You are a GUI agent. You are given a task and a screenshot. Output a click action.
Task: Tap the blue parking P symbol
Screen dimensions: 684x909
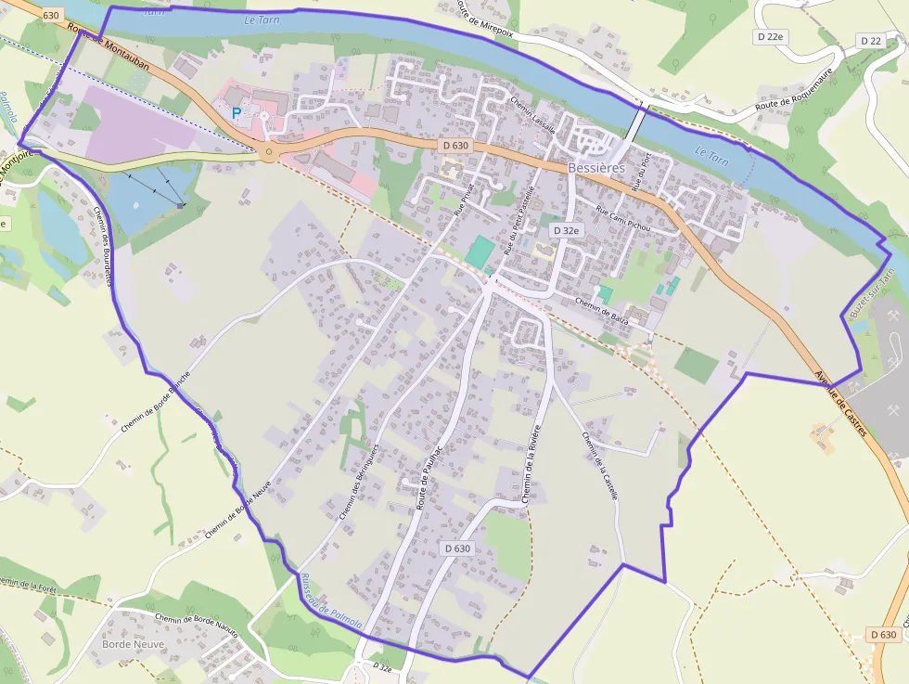(x=237, y=112)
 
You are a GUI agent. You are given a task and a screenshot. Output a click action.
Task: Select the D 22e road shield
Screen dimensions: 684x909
(x=768, y=36)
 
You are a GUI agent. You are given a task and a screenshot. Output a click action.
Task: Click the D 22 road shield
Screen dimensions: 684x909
(x=870, y=41)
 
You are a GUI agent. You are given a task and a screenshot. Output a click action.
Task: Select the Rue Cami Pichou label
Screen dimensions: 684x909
(x=623, y=219)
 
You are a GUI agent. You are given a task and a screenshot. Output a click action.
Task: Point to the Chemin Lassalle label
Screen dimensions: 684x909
(x=532, y=114)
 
